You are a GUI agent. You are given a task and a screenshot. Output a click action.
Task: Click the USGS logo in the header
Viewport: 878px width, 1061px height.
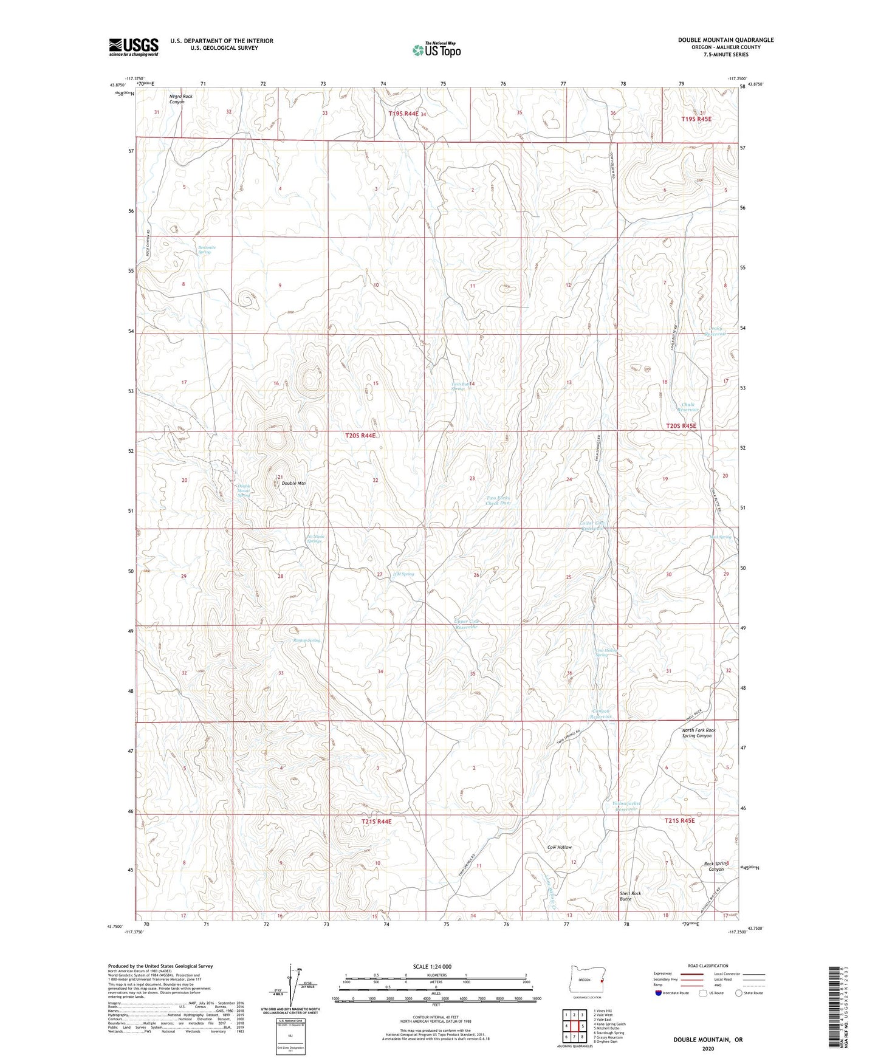pyautogui.click(x=133, y=47)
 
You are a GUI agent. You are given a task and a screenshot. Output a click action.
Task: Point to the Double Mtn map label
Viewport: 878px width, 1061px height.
pyautogui.click(x=293, y=484)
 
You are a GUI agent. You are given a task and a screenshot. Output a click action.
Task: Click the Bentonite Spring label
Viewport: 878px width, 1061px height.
pyautogui.click(x=207, y=250)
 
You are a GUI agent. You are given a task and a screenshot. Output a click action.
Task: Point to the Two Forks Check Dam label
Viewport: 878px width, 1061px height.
pyautogui.click(x=498, y=500)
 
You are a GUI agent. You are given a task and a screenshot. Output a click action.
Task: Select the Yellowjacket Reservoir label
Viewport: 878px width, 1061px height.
pyautogui.click(x=627, y=807)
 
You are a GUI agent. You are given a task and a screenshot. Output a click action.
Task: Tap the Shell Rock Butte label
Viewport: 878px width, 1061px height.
pyautogui.click(x=630, y=896)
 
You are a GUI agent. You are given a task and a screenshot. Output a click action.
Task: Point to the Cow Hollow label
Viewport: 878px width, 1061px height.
pyautogui.click(x=559, y=847)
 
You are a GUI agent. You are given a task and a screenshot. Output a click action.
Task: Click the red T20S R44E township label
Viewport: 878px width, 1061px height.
pyautogui.click(x=360, y=436)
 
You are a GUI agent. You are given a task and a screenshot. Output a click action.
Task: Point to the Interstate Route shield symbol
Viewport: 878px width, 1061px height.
pyautogui.click(x=659, y=994)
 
